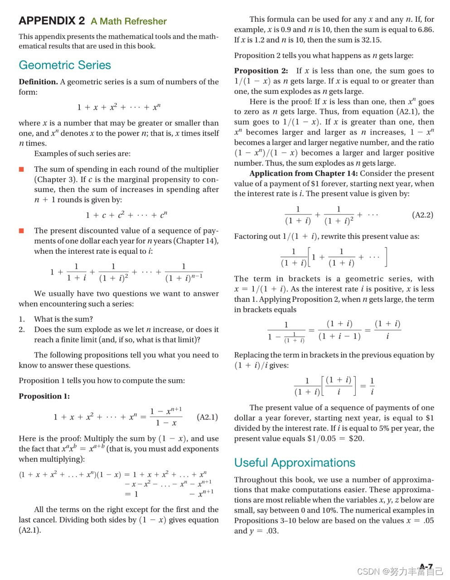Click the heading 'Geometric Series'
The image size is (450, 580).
(65, 65)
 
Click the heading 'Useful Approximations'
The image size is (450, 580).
(295, 463)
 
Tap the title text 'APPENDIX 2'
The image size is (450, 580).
(52, 21)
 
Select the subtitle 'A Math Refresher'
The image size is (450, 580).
(129, 21)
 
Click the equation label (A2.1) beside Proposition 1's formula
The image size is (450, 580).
(208, 417)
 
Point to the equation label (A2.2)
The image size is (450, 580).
(423, 215)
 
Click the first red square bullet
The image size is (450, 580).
(21, 169)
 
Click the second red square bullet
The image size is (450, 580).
(21, 231)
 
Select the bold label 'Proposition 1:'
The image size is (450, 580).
(44, 396)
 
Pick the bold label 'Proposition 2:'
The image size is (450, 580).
(261, 71)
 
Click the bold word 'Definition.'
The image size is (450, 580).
(39, 82)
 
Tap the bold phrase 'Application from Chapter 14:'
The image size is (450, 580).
(304, 174)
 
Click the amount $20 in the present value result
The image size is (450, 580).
(356, 439)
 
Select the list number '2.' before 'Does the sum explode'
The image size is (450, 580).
(22, 329)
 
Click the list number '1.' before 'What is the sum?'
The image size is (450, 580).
(22, 319)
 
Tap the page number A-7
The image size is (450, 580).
(426, 566)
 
